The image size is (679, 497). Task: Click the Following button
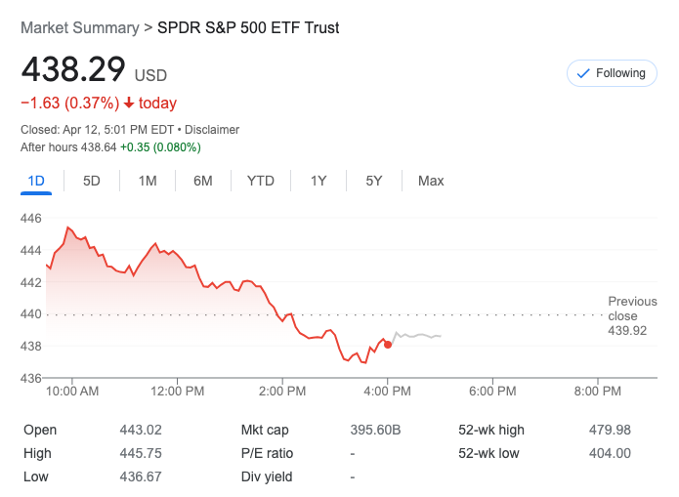click(612, 73)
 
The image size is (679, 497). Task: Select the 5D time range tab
click(92, 181)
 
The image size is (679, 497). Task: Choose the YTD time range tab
click(261, 181)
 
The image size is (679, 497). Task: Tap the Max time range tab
click(431, 181)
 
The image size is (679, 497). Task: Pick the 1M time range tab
click(148, 181)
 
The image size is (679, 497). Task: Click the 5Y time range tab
click(374, 181)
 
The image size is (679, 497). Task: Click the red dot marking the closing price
click(388, 345)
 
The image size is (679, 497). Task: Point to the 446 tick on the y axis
click(31, 219)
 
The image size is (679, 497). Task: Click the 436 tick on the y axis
click(31, 378)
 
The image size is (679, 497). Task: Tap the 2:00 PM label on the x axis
click(282, 392)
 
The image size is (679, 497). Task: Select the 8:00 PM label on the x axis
click(597, 392)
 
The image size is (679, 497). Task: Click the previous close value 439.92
click(627, 331)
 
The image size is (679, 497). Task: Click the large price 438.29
click(73, 70)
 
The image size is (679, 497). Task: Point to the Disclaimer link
click(212, 130)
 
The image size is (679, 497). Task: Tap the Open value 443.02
click(139, 430)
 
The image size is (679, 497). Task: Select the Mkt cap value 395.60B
click(375, 430)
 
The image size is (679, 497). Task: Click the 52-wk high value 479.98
click(611, 430)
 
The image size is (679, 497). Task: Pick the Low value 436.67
click(139, 476)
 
